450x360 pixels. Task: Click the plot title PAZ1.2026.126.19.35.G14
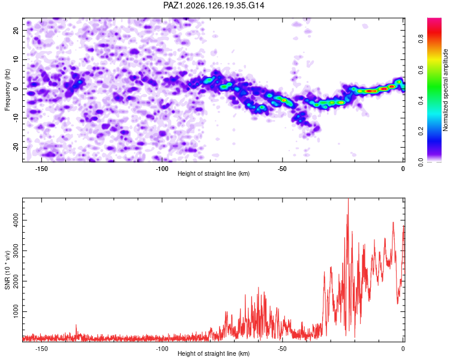(214, 5)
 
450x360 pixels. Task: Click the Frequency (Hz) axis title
(7, 90)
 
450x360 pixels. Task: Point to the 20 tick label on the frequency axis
(16, 30)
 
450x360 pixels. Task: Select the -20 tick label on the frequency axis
(16, 147)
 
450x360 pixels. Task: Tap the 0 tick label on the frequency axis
(16, 89)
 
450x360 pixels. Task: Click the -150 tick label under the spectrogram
(41, 169)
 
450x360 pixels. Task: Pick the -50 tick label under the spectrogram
(282, 169)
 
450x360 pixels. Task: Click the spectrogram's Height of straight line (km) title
(214, 173)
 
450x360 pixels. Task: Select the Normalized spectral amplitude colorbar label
(445, 90)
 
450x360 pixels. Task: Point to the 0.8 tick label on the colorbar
(421, 39)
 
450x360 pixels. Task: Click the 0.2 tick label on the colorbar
(421, 131)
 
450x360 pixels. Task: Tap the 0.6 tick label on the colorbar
(421, 70)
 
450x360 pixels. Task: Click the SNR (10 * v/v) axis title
(7, 270)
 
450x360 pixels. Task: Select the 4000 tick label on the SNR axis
(16, 220)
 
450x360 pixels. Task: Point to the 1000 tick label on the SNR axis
(16, 311)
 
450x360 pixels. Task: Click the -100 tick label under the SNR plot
(162, 349)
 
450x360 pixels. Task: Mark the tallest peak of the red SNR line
(348, 199)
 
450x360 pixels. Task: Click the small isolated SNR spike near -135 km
(76, 325)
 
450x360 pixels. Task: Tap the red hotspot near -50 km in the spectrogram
(284, 100)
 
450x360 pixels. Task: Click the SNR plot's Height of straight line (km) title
(214, 353)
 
